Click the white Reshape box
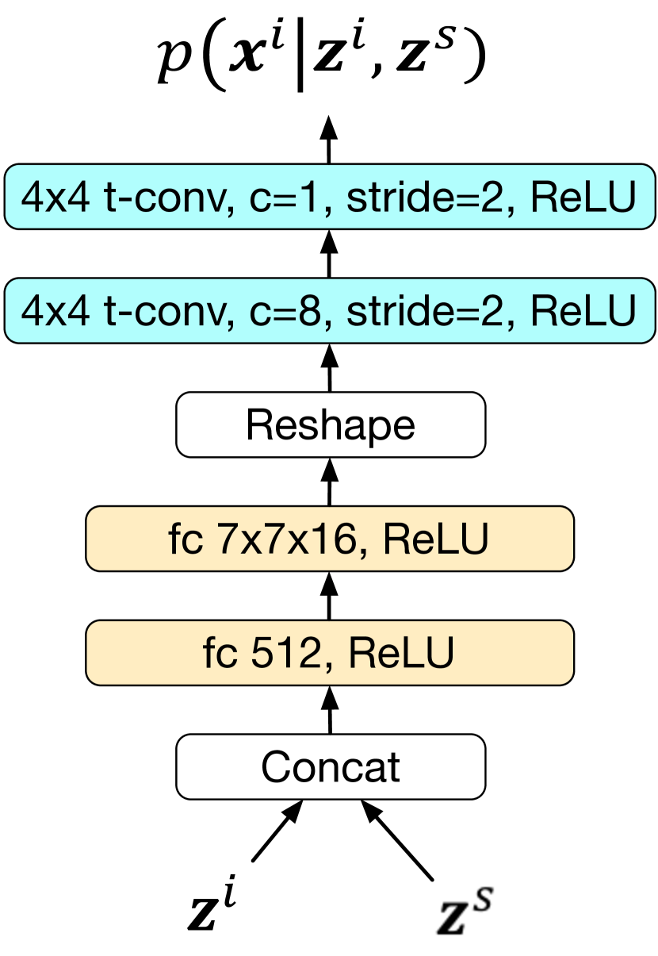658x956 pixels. [x=330, y=424]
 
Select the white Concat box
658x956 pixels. [x=330, y=766]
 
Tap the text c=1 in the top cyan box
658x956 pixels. [x=285, y=198]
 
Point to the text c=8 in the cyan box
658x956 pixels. [x=285, y=311]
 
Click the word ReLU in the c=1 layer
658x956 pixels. [x=583, y=198]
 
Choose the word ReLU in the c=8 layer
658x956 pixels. [x=583, y=311]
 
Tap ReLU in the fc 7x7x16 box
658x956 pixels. [x=435, y=539]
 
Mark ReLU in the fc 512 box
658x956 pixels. [x=401, y=654]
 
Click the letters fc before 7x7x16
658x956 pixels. [x=185, y=539]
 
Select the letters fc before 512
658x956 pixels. [x=219, y=654]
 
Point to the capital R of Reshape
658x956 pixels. [x=258, y=424]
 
